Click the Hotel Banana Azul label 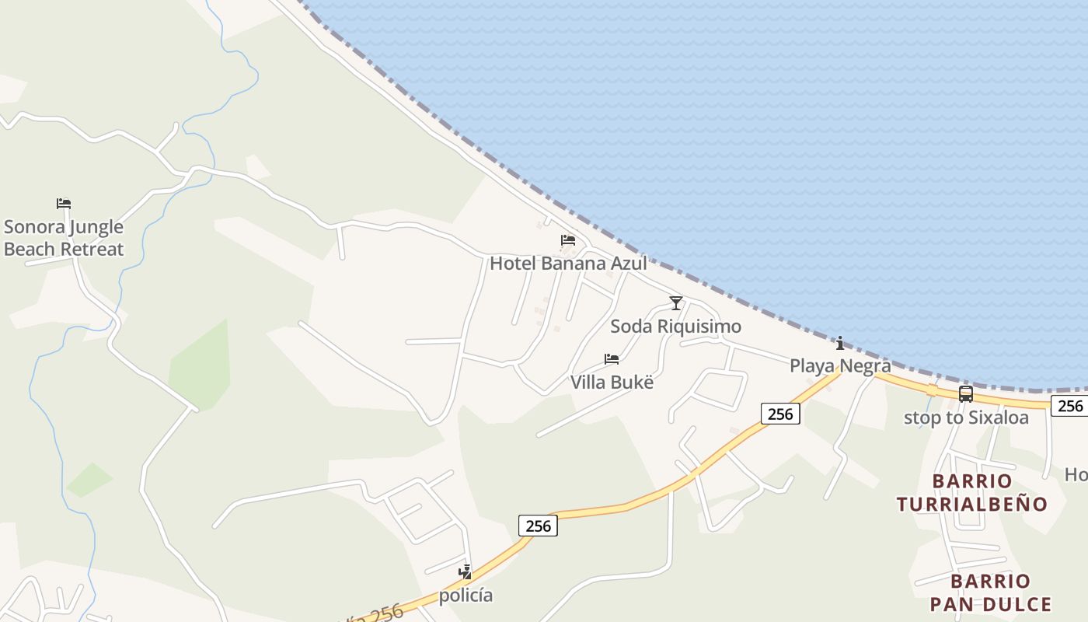(x=568, y=263)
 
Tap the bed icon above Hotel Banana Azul (x=568, y=240)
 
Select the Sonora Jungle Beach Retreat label (x=64, y=238)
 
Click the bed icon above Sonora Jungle (x=64, y=204)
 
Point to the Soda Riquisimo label (x=675, y=326)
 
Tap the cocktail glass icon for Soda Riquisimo (x=676, y=302)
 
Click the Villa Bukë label (x=612, y=382)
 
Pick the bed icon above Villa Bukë (x=612, y=358)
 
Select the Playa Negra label (x=840, y=365)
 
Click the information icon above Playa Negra (x=839, y=343)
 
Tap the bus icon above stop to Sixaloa (x=966, y=394)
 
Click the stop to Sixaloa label (x=966, y=418)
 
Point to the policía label (x=466, y=596)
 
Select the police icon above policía (x=466, y=572)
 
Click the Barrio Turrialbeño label (x=972, y=492)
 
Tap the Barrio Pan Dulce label (x=991, y=592)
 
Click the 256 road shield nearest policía (x=538, y=526)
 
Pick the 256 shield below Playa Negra (x=779, y=414)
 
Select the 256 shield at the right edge (x=1069, y=405)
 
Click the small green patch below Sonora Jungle (x=89, y=480)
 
